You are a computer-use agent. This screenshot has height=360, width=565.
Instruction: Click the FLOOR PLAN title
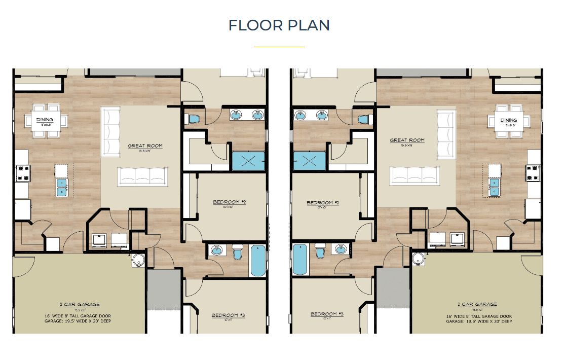pos(279,25)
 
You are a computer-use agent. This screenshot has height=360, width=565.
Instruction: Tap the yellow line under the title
pos(279,47)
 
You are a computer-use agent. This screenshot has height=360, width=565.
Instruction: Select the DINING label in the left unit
pos(45,120)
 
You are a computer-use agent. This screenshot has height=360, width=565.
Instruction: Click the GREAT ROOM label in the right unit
pos(407,140)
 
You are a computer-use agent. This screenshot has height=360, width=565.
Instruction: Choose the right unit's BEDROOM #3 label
pos(327,314)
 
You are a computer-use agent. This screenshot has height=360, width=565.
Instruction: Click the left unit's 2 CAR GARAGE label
pos(80,305)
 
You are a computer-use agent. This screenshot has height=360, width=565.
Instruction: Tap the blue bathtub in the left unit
pos(258,260)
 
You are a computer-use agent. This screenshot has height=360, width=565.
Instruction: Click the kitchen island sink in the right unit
pos(494,186)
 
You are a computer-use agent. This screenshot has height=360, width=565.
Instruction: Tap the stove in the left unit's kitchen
pos(23,173)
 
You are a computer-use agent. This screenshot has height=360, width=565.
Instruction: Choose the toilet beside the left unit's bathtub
pos(237,252)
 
